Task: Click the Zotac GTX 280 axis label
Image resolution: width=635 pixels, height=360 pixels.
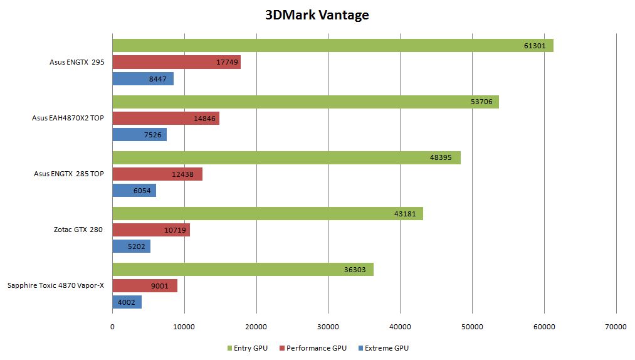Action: tap(78, 230)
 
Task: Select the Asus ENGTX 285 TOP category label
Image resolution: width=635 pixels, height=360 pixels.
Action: tap(69, 174)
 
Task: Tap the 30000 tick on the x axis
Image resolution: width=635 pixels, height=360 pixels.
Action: tap(328, 327)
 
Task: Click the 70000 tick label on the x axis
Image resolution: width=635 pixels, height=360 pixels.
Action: tap(616, 327)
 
